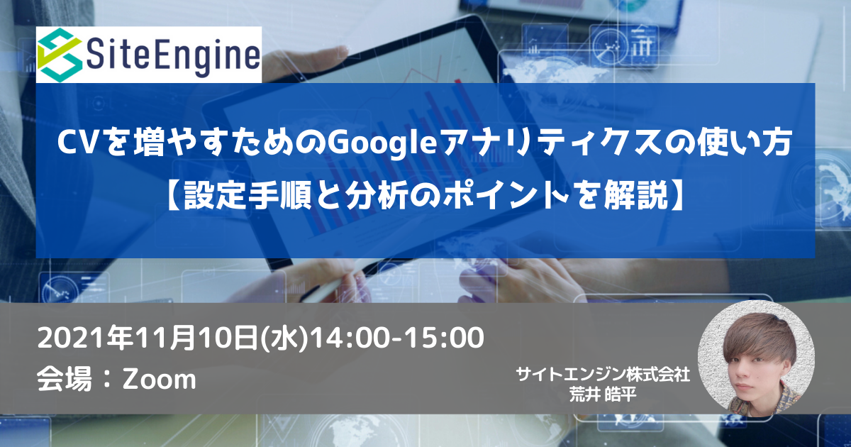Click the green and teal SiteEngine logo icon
pos(60,55)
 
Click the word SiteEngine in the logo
pos(173,55)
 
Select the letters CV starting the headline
pos(77,143)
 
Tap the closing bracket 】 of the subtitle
pos(677,195)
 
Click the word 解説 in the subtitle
pos(635,195)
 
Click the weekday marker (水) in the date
pos(284,338)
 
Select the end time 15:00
pos(444,338)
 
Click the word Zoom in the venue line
pos(159,380)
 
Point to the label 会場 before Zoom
pos(65,379)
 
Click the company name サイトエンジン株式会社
pos(603,375)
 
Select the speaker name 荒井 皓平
pos(603,394)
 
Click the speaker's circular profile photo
pos(756,359)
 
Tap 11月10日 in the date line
pos(196,338)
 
